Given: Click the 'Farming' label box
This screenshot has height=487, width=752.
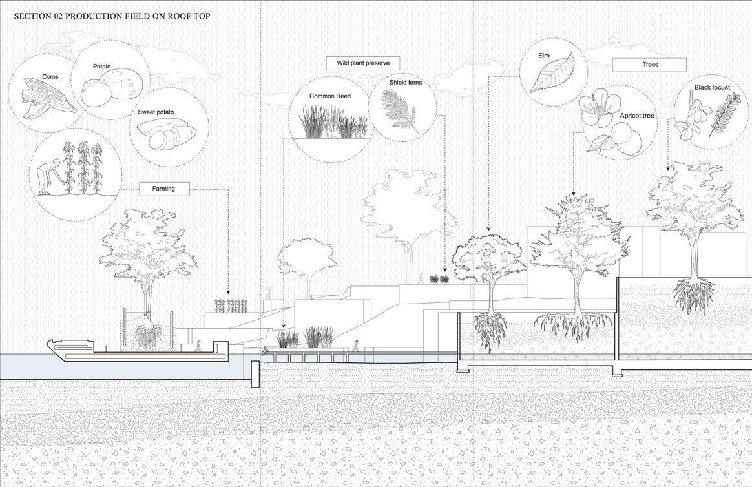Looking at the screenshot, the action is click(x=166, y=189).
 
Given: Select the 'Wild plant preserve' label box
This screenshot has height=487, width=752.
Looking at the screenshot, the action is click(x=362, y=63).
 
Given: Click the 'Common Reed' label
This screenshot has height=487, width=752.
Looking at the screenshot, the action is click(x=329, y=96).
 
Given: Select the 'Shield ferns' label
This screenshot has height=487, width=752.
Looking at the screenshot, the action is click(x=405, y=83).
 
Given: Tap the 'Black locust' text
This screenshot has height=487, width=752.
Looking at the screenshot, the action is click(x=710, y=87).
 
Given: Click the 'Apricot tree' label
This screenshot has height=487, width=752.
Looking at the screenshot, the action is click(x=637, y=116).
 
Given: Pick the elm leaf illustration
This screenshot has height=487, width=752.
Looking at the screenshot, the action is click(x=552, y=73).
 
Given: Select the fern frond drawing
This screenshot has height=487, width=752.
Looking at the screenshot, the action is click(x=400, y=111).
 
